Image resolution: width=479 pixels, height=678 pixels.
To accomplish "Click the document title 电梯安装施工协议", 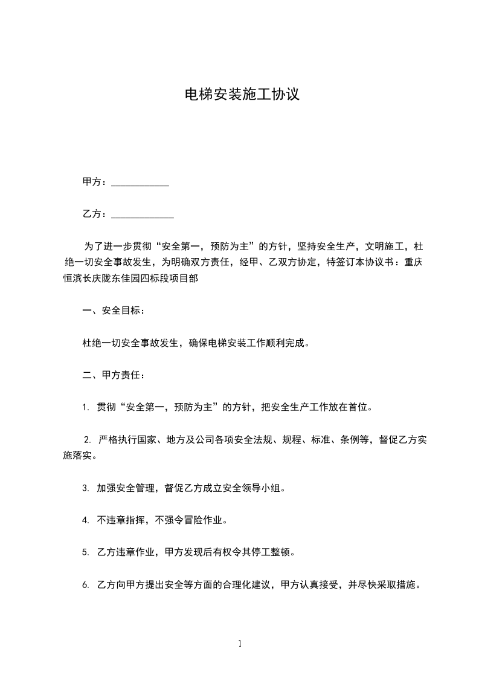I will tap(242, 94).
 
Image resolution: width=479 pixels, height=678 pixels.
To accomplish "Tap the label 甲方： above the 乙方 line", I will tap(95, 182).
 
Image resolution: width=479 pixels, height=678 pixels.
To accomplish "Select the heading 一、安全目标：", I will tap(113, 311).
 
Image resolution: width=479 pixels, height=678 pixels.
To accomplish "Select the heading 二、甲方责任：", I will tap(113, 375).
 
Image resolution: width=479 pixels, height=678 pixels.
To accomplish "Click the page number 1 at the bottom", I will tap(240, 644).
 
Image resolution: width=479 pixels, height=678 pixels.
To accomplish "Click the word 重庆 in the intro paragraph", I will tap(414, 262).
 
